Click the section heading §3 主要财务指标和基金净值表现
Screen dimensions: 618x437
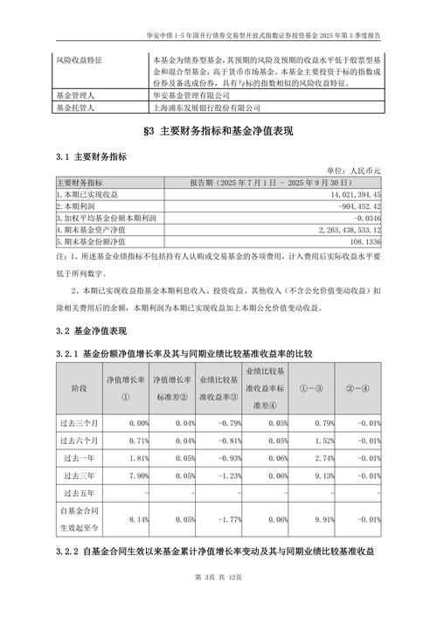pos(218,131)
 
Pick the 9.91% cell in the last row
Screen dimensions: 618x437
pos(323,518)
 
